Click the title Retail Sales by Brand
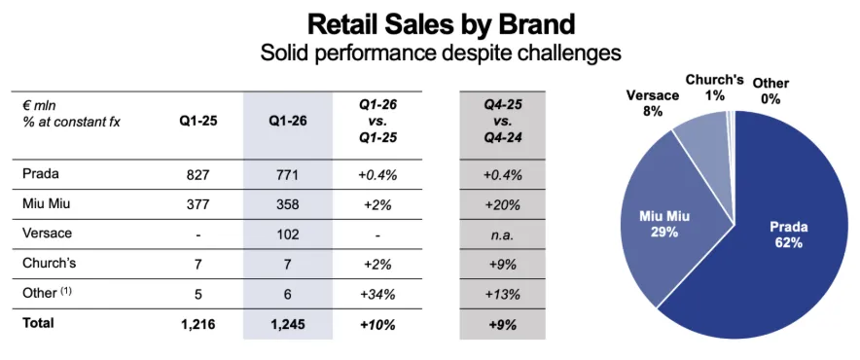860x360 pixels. pyautogui.click(x=441, y=24)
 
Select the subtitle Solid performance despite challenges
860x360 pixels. pyautogui.click(x=441, y=54)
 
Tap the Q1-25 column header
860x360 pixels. pyautogui.click(x=198, y=121)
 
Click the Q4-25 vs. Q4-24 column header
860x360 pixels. pyautogui.click(x=503, y=121)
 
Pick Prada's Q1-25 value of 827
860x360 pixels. pyautogui.click(x=198, y=175)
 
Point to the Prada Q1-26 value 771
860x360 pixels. pyautogui.click(x=288, y=175)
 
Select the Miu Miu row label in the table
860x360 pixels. pyautogui.click(x=46, y=204)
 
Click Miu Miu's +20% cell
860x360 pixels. pyautogui.click(x=502, y=204)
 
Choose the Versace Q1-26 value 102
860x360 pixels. pyautogui.click(x=288, y=234)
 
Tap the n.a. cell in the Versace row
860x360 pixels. pyautogui.click(x=503, y=234)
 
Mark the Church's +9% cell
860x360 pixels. pyautogui.click(x=502, y=264)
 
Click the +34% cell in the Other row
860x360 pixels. pyautogui.click(x=377, y=294)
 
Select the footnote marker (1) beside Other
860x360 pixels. pyautogui.click(x=65, y=291)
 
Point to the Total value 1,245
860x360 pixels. pyautogui.click(x=288, y=324)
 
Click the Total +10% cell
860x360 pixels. pyautogui.click(x=377, y=324)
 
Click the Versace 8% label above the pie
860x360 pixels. pyautogui.click(x=653, y=103)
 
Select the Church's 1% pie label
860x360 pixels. pyautogui.click(x=715, y=87)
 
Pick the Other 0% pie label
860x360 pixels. pyautogui.click(x=770, y=90)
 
